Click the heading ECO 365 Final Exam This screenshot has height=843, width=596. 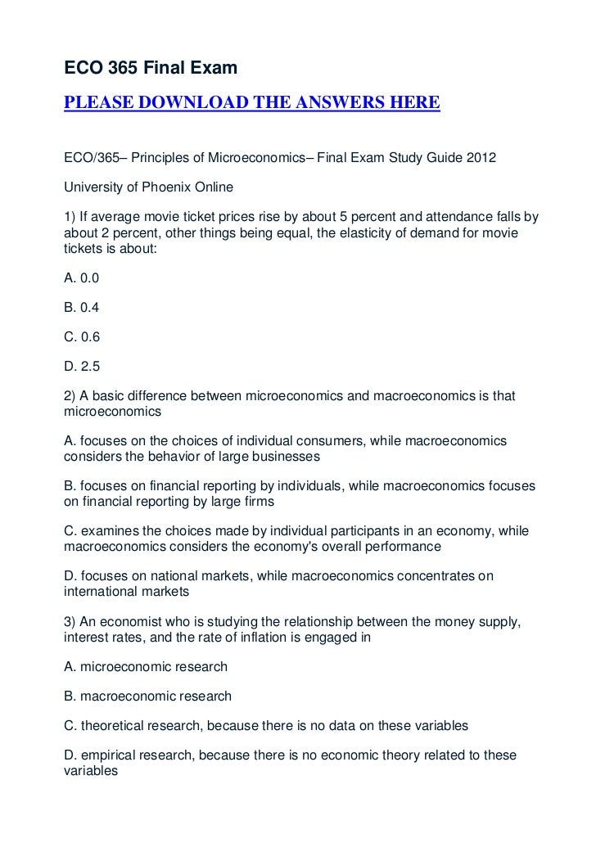click(151, 70)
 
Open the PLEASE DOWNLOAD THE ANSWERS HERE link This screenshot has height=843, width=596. click(252, 104)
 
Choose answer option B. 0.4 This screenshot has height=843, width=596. click(81, 308)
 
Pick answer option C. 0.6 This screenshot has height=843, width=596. click(82, 337)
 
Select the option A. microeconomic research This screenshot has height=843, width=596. click(146, 666)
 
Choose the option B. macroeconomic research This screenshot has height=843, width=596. click(147, 696)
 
